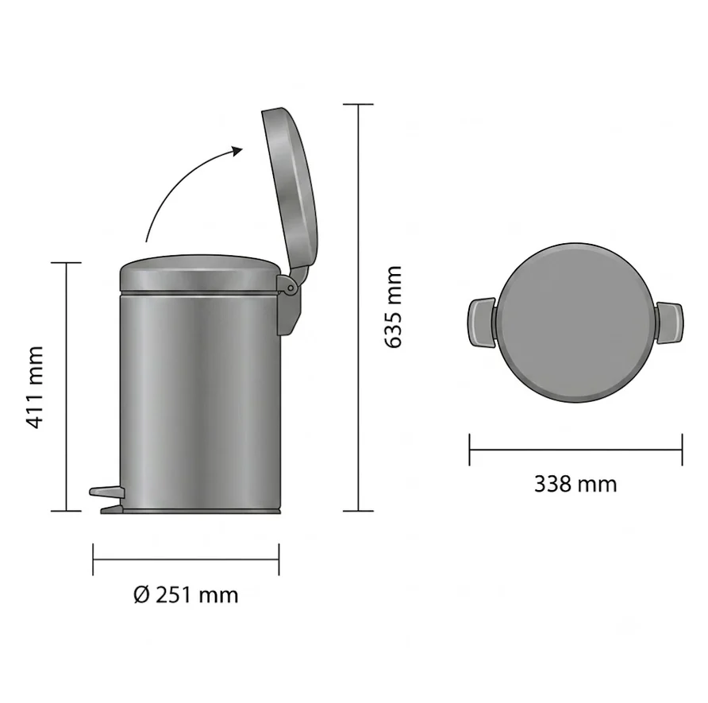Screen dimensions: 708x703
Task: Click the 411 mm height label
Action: point(35,387)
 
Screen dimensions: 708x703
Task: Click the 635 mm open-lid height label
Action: point(393,307)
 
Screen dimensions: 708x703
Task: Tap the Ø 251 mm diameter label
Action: point(186,595)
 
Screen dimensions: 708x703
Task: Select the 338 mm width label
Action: point(575,484)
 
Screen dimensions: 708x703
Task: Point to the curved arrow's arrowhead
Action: point(237,151)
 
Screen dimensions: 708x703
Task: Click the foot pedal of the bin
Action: point(106,492)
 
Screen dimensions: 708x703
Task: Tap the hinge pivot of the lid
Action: point(291,288)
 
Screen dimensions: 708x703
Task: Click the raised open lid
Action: point(291,181)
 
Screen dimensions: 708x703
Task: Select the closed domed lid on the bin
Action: point(199,273)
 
